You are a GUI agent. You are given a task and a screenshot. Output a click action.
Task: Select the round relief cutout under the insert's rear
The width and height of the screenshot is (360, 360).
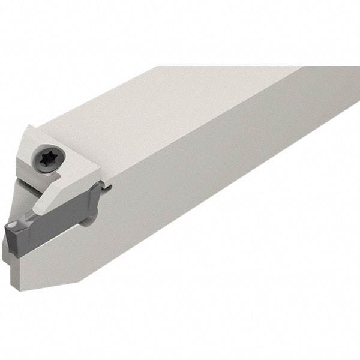(x=88, y=221)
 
